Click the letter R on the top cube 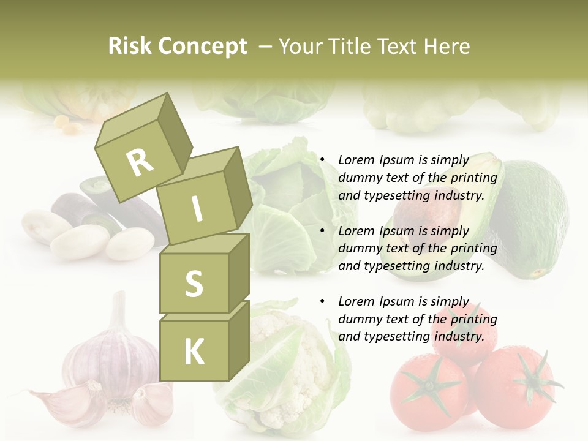click(140, 162)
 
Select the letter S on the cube click(194, 284)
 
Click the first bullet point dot click(322, 160)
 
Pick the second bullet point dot click(322, 231)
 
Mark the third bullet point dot click(322, 301)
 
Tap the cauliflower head click(282, 367)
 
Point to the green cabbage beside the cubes click(288, 202)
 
